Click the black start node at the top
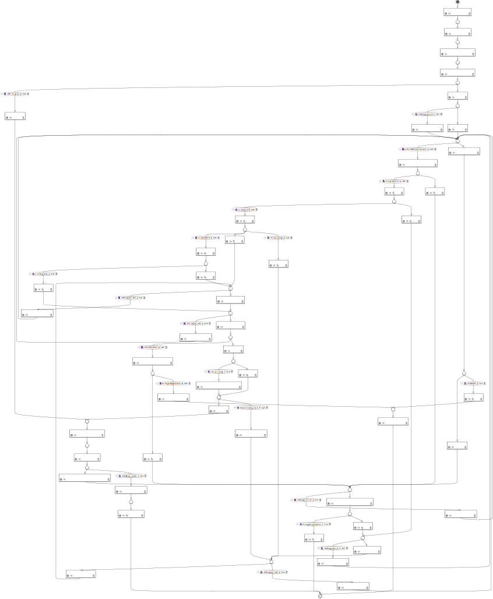457,2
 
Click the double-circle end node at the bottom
320,596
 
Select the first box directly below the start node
457,12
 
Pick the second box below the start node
457,32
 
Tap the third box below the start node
457,52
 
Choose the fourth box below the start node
457,73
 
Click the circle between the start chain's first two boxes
457,22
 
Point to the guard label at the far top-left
15,93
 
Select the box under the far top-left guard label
15,115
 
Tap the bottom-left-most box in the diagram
80,574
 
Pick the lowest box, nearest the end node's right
353,586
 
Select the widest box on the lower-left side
84,478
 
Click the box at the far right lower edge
460,515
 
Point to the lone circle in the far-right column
464,372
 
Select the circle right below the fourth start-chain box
457,83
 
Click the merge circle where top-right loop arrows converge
457,140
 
